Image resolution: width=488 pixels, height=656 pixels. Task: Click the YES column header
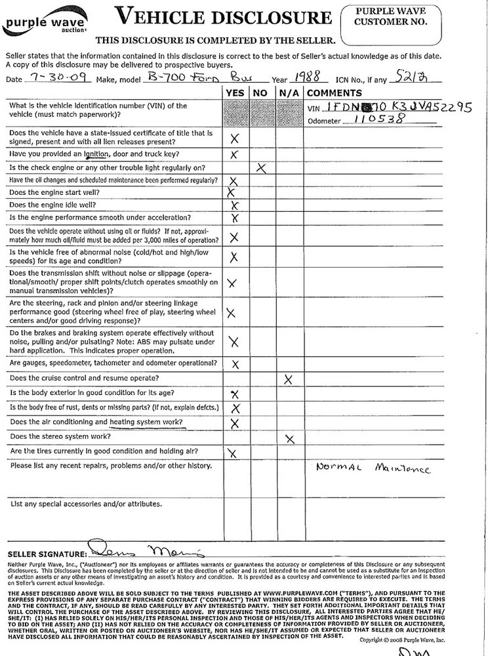click(234, 93)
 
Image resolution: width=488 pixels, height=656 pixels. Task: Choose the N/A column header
click(287, 93)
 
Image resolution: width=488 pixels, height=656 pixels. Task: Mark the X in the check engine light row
click(261, 168)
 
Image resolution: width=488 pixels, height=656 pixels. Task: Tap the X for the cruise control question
click(287, 379)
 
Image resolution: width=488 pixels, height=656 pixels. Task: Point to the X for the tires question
click(232, 453)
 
